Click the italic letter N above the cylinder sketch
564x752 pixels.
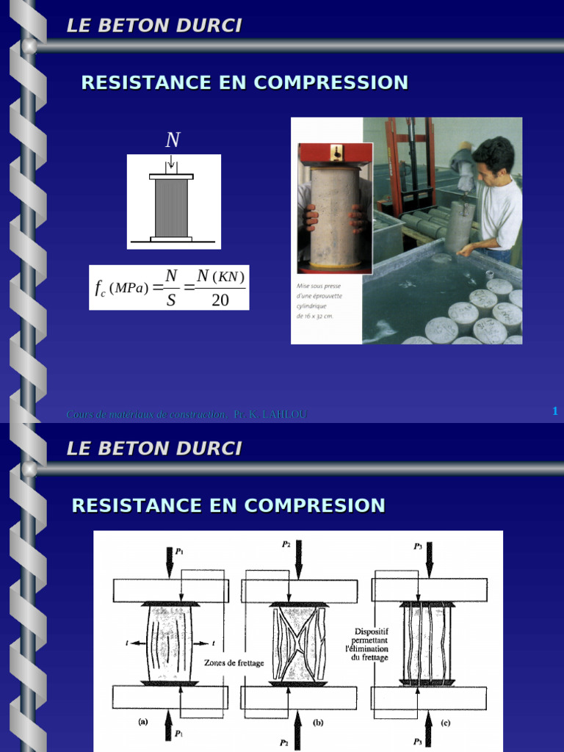173,140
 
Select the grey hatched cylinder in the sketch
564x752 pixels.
171,208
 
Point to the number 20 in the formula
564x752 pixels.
220,300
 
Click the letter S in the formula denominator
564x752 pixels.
171,300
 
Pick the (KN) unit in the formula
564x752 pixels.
228,276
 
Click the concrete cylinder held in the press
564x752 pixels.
334,217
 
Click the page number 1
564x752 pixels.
555,411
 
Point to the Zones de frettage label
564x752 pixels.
234,662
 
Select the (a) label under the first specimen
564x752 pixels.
143,721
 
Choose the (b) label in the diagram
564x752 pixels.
318,722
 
